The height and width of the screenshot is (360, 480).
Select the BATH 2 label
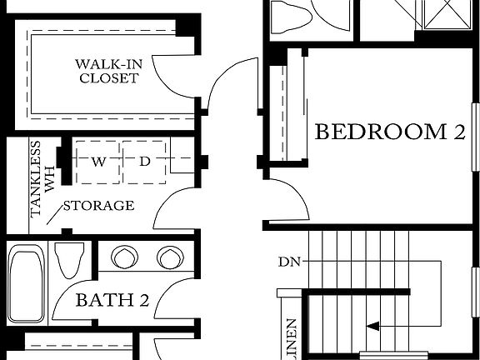point(112,301)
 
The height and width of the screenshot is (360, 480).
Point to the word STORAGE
point(98,206)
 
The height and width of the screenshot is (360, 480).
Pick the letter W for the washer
point(98,162)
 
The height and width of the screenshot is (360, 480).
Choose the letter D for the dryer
point(143,162)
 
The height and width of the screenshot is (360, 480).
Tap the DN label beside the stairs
point(288,262)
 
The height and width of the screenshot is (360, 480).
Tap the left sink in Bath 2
point(125,255)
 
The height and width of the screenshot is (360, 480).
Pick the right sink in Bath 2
point(169,255)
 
